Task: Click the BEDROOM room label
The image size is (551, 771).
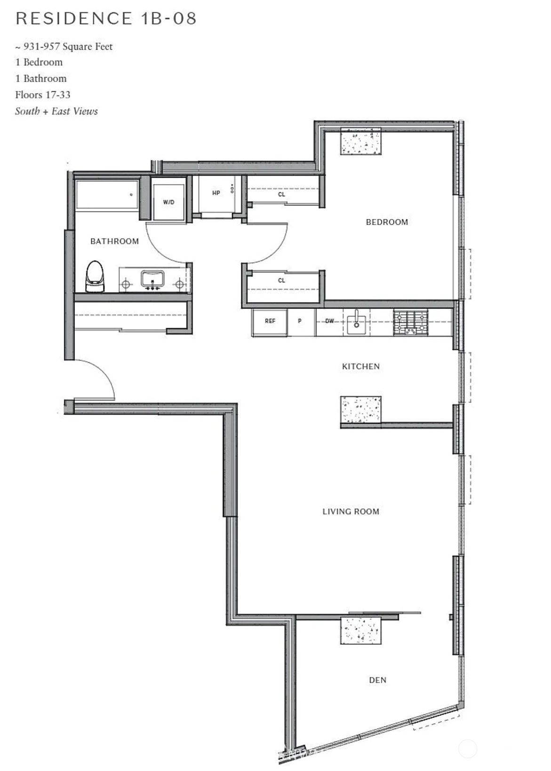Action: click(x=387, y=222)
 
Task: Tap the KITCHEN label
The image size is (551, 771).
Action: click(x=361, y=366)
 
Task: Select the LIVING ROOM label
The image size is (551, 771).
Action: click(x=351, y=511)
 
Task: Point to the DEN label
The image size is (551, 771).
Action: click(x=378, y=680)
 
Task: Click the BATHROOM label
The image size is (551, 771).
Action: click(x=114, y=241)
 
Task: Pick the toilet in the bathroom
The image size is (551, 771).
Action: click(x=95, y=276)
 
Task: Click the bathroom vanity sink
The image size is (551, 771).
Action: click(x=152, y=279)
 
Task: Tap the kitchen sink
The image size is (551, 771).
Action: click(x=357, y=322)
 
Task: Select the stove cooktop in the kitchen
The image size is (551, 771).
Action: click(x=411, y=322)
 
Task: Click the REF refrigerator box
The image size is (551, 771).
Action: click(x=270, y=322)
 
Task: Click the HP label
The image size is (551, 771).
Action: click(x=216, y=193)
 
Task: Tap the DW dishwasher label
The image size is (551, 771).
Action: click(x=329, y=321)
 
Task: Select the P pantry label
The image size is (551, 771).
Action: click(x=300, y=321)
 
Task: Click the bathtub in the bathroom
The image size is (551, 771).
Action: click(x=107, y=195)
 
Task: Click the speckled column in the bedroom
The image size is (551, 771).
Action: click(x=361, y=141)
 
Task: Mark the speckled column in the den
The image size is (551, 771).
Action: click(x=361, y=630)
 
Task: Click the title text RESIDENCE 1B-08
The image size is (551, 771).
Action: click(x=106, y=18)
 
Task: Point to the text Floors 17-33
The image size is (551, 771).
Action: click(x=43, y=95)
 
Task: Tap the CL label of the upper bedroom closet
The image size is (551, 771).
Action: click(x=282, y=195)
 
